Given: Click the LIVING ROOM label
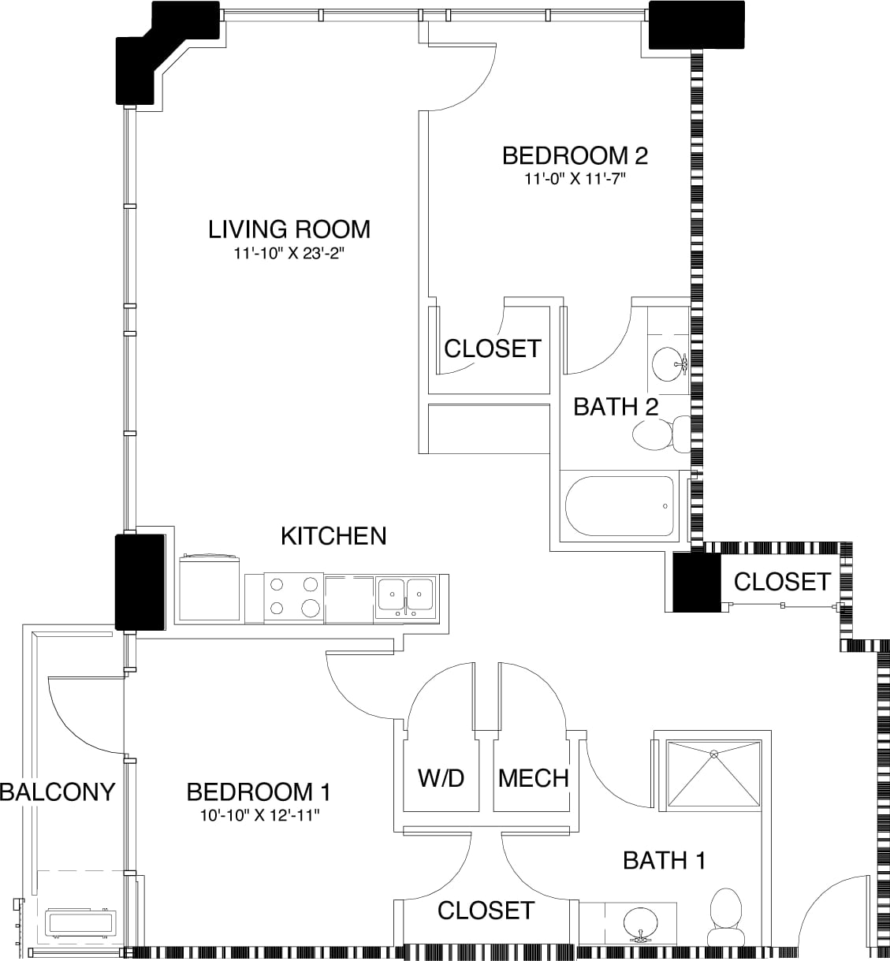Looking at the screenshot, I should point(289,229).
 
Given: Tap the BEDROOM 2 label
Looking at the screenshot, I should point(575,155).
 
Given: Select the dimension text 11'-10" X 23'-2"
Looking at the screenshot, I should point(289,255).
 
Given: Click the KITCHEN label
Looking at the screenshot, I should point(333,536).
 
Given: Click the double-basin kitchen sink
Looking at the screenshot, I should point(405,596).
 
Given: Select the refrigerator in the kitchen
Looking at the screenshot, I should point(209,588).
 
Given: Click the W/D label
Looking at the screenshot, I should point(441,778).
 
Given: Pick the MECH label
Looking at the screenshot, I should point(533,778).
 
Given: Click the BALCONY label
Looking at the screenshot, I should point(58,792).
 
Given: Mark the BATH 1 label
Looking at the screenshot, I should point(664,860).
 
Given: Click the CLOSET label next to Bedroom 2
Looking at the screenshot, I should point(493,348).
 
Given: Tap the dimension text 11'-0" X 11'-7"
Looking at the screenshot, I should point(575,179).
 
